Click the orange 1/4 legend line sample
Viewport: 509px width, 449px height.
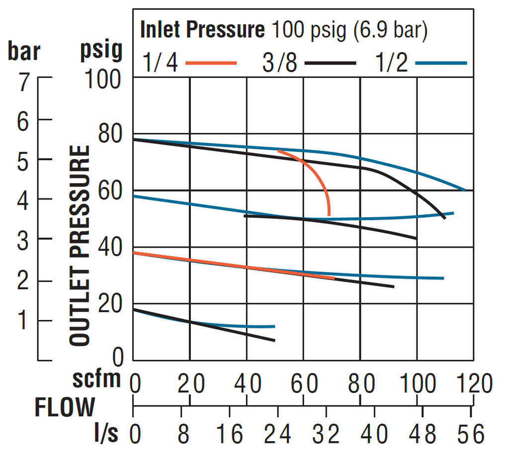click(x=211, y=63)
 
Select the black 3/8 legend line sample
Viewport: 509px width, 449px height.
click(x=331, y=63)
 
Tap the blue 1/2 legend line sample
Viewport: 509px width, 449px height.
click(x=441, y=63)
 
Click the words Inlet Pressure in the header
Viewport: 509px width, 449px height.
click(x=202, y=30)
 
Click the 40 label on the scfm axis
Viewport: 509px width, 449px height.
click(x=247, y=384)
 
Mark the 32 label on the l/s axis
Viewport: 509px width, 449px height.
click(x=327, y=435)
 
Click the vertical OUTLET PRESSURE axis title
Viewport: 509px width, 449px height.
click(x=80, y=246)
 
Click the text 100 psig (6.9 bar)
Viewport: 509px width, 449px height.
click(x=349, y=30)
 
